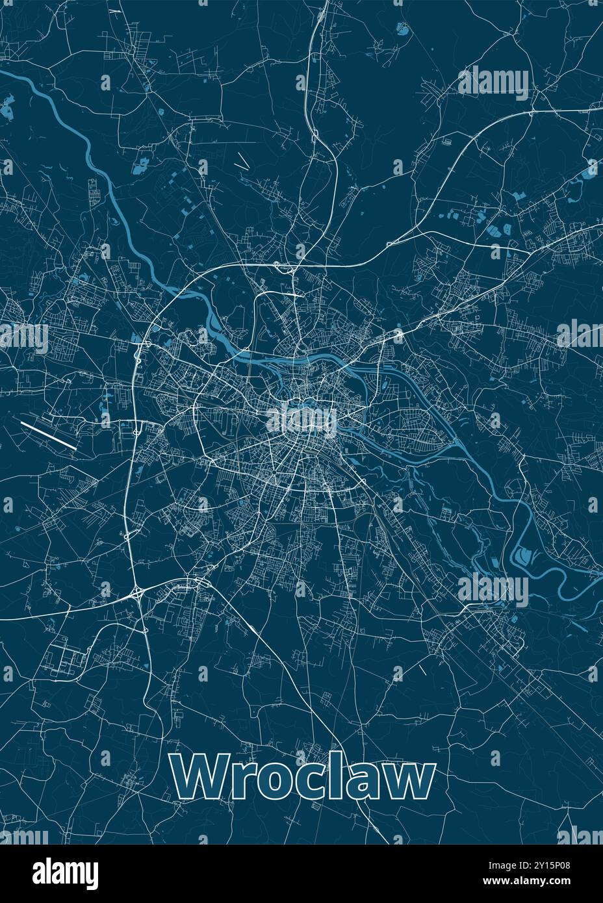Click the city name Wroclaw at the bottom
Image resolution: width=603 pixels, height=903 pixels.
pyautogui.click(x=303, y=778)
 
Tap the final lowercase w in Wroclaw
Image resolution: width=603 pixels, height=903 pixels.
pyautogui.click(x=407, y=782)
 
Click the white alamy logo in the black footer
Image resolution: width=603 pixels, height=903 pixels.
pyautogui.click(x=65, y=872)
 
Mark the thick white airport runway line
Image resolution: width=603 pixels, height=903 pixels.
pyautogui.click(x=49, y=435)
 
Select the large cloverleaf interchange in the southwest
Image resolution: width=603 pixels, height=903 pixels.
pyautogui.click(x=138, y=592)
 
